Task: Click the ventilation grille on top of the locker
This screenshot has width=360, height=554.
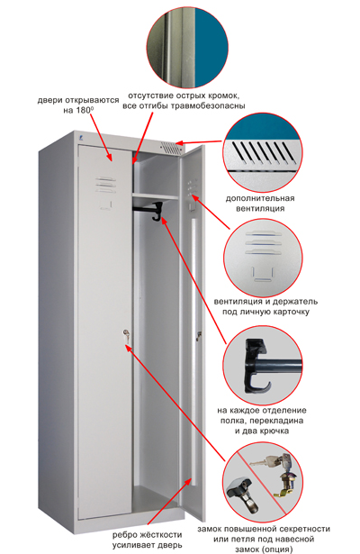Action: (171, 148)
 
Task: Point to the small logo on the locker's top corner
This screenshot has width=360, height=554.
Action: (80, 140)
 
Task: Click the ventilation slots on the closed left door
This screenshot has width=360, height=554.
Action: (105, 185)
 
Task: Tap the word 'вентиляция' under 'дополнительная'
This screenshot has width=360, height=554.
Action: (260, 208)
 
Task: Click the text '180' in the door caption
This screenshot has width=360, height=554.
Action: (84, 110)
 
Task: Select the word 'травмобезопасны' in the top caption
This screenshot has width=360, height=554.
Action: (208, 106)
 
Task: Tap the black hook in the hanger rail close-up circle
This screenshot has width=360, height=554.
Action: (255, 367)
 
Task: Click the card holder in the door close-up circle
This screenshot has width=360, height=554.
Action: (263, 275)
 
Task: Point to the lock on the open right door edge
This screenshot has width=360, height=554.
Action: (199, 336)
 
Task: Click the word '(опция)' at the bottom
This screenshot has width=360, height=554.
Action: (279, 549)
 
